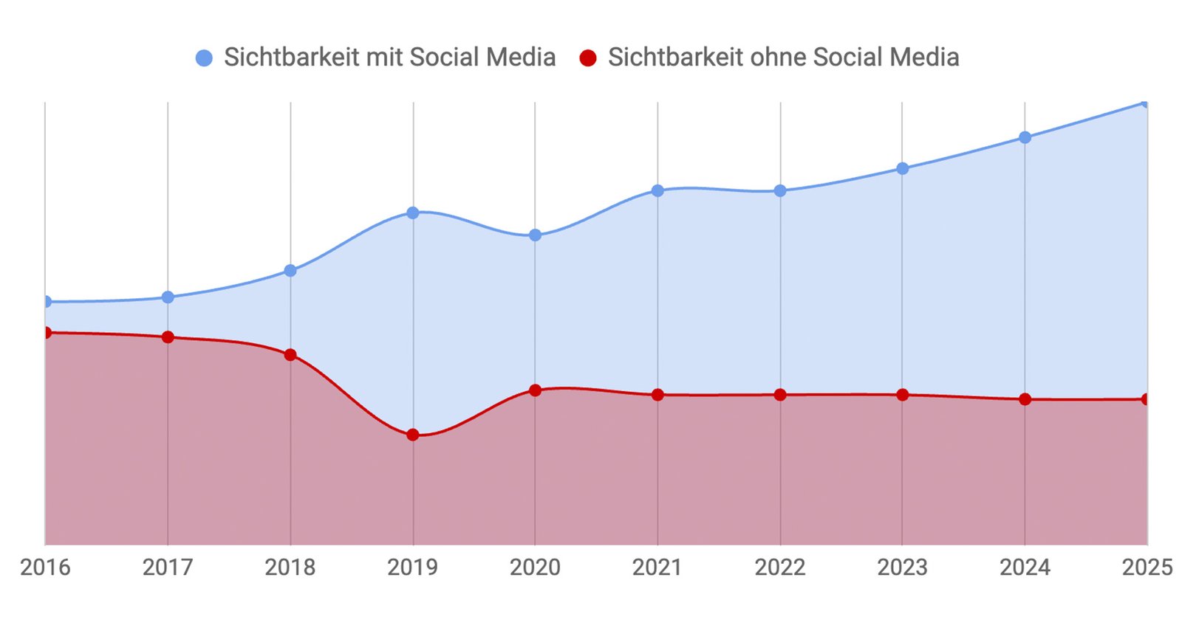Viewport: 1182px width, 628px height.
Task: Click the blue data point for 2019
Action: tap(413, 213)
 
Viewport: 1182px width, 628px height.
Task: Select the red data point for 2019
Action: tap(413, 435)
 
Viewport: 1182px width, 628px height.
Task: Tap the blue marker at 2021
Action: tap(657, 190)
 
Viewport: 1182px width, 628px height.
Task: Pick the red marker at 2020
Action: tap(536, 390)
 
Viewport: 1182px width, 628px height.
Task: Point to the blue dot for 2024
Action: tap(1025, 137)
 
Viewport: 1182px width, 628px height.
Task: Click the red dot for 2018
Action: tap(290, 355)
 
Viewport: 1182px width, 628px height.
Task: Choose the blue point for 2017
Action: tap(168, 297)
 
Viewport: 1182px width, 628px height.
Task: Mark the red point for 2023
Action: tap(902, 395)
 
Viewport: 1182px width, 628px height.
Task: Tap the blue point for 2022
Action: tap(780, 190)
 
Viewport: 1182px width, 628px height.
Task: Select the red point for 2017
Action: tap(168, 337)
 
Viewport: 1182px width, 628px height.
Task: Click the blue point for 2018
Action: tap(290, 271)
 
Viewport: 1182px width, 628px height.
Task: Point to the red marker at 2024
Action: tap(1025, 399)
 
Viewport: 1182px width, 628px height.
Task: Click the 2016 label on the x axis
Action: tap(45, 567)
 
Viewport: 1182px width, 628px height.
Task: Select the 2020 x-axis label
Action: tap(535, 567)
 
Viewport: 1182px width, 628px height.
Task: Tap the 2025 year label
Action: tap(1147, 567)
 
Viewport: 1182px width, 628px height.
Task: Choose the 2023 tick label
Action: tap(902, 567)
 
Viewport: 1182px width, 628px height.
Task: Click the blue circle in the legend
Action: tap(204, 58)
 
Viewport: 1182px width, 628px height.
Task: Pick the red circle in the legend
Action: tap(588, 58)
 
